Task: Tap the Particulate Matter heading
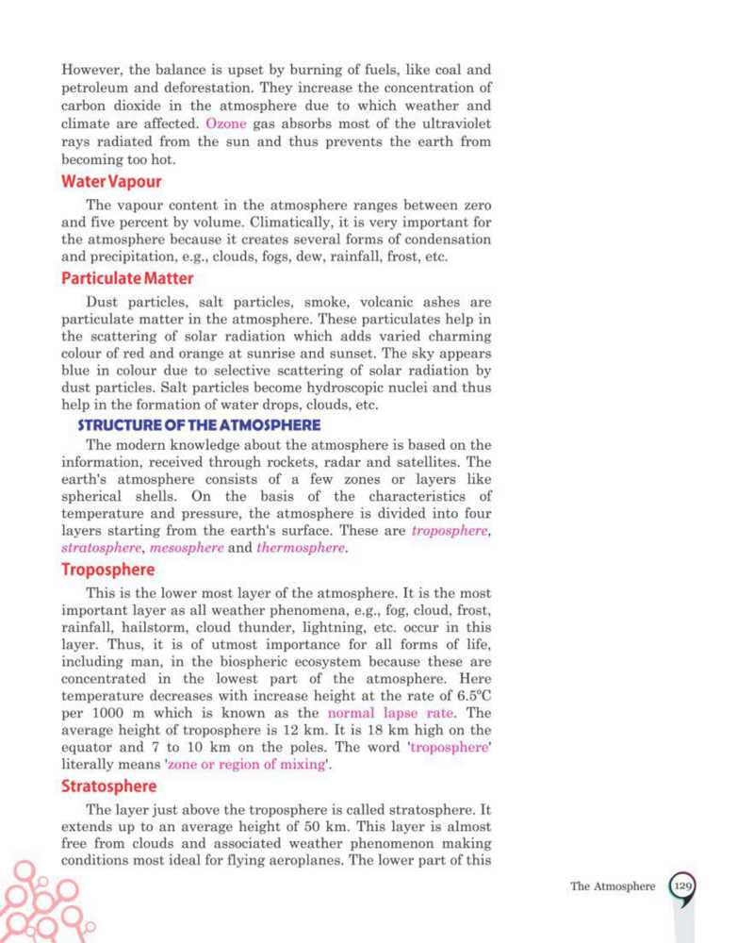pos(127,278)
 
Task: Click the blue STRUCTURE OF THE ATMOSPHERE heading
pos(199,425)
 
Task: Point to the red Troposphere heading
pos(108,571)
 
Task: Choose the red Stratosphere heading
pos(109,786)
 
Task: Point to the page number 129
pos(684,886)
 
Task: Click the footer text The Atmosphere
pos(613,887)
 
